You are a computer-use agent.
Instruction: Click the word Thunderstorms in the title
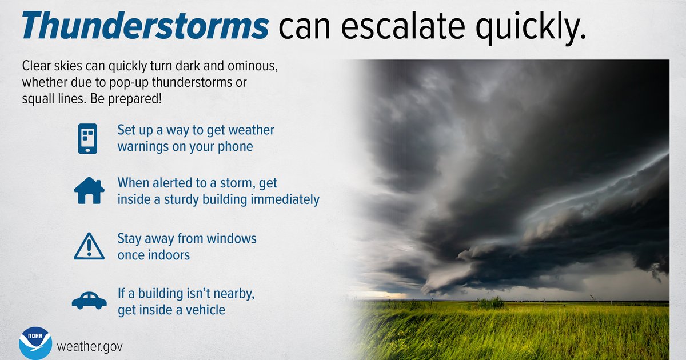(x=145, y=25)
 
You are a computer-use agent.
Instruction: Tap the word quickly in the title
(x=530, y=27)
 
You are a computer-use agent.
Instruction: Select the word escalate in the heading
(x=403, y=25)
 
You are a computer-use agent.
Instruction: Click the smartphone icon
(x=87, y=139)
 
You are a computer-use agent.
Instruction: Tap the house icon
(x=89, y=190)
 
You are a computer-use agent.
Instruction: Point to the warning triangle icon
(x=89, y=246)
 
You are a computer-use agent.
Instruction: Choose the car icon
(x=89, y=300)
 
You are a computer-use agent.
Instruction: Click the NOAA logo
(x=35, y=343)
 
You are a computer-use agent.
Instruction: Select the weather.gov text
(x=90, y=347)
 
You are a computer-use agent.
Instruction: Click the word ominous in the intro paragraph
(x=252, y=66)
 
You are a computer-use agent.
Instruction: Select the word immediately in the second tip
(x=285, y=199)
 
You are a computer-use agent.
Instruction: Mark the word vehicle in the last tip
(x=205, y=310)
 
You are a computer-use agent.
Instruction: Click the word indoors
(x=154, y=255)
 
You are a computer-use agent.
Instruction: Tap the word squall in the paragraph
(x=38, y=99)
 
